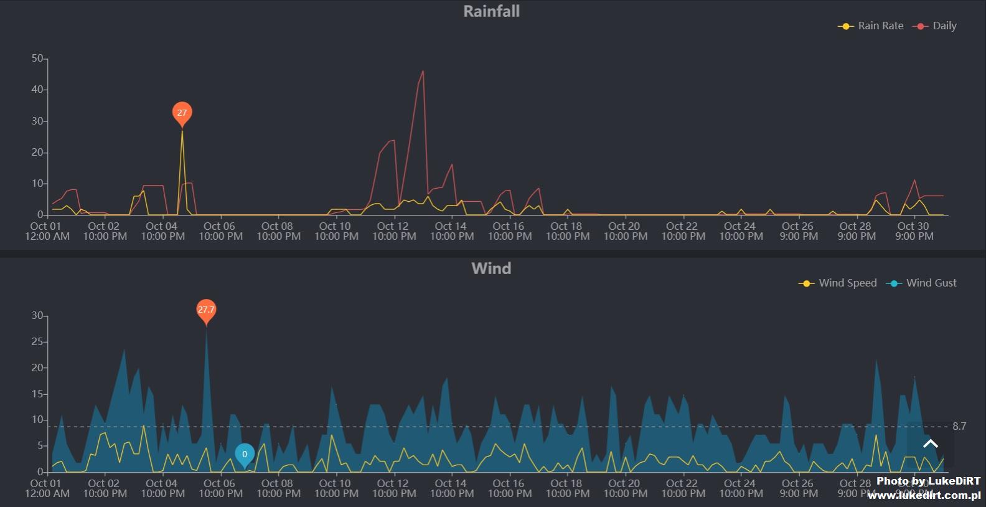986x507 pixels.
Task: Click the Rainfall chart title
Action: [491, 11]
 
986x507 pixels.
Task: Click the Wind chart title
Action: [491, 268]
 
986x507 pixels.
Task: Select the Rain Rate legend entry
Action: [871, 26]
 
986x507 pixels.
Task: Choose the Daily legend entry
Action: [935, 26]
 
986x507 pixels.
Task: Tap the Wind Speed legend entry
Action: [838, 283]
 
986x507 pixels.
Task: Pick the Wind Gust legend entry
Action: [922, 283]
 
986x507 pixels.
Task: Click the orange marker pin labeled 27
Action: [182, 113]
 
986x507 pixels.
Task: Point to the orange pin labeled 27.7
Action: [206, 310]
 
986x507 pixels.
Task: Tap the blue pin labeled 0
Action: [245, 455]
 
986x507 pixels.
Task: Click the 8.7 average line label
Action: [959, 427]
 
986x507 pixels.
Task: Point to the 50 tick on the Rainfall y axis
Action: [37, 59]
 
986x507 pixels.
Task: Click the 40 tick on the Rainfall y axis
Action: [37, 90]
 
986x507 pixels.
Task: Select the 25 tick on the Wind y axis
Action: [37, 342]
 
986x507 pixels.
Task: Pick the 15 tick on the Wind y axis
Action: [37, 394]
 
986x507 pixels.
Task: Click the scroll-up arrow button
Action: [931, 443]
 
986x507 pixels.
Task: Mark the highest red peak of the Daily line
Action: [423, 71]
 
